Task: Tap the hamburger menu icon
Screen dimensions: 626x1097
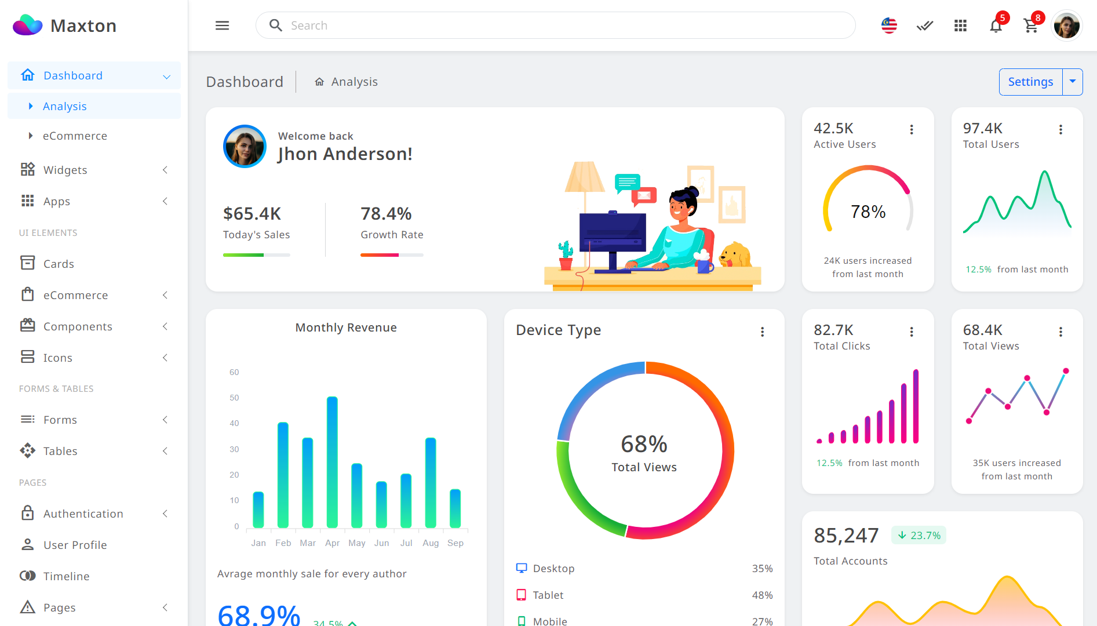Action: coord(223,26)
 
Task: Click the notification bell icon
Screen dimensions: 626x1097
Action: coord(996,26)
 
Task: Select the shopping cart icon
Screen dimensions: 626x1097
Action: coord(1030,26)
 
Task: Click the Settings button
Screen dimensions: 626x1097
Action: coord(1030,82)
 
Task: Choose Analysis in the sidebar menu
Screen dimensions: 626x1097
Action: coord(65,107)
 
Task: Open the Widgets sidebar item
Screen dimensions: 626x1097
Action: coord(65,170)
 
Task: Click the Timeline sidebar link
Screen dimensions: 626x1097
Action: coord(67,576)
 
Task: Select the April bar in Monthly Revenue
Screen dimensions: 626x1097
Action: coord(332,462)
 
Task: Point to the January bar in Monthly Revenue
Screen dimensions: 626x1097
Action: coord(258,509)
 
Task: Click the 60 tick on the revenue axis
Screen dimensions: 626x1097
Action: coord(234,372)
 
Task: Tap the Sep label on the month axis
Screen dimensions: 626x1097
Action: coord(455,543)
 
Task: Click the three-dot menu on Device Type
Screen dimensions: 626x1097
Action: coord(763,332)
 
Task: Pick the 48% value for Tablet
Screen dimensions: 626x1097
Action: coord(762,595)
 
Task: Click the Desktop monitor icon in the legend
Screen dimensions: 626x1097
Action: coord(522,568)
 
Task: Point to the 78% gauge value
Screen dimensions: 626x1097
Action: coord(868,212)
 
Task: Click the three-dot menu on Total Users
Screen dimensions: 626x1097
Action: coord(1061,130)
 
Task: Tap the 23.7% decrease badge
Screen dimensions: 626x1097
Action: coord(919,536)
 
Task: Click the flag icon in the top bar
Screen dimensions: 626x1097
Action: coord(889,26)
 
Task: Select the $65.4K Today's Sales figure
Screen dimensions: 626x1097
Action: coord(252,214)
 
